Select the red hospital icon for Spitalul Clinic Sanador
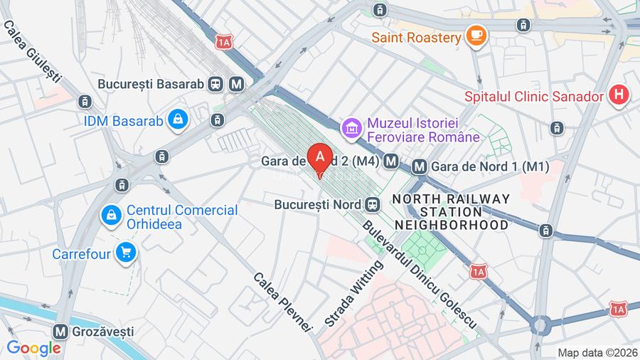click(x=620, y=95)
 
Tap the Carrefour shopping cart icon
click(x=126, y=253)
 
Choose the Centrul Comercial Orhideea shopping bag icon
click(x=111, y=214)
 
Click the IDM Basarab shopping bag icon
click(x=178, y=120)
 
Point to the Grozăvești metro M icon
click(x=60, y=331)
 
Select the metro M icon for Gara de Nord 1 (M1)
click(x=420, y=166)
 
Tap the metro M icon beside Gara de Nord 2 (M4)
click(x=390, y=162)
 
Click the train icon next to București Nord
click(x=371, y=205)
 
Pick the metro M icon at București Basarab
click(x=236, y=84)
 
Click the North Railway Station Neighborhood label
click(x=452, y=211)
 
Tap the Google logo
click(x=33, y=348)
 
